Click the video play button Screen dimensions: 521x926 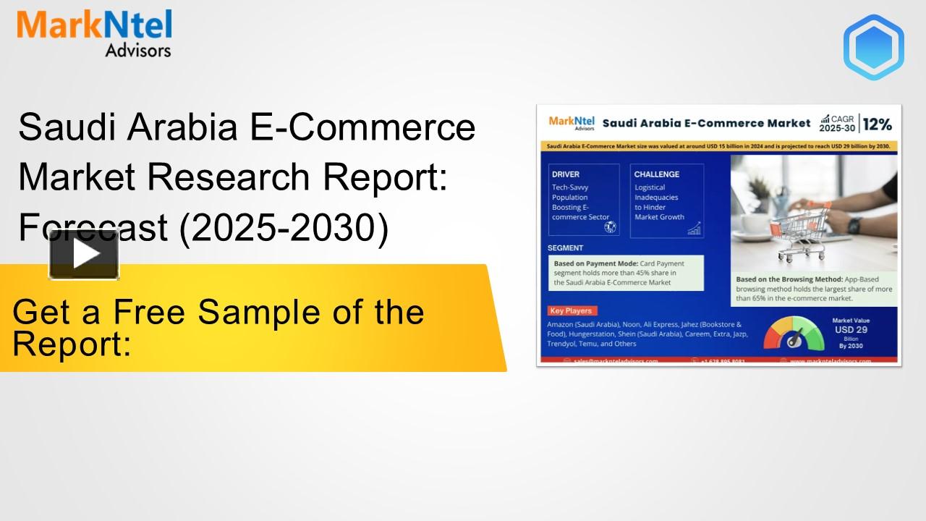(84, 254)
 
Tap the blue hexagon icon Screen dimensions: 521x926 (873, 47)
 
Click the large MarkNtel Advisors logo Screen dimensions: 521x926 (94, 33)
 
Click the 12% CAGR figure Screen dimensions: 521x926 (877, 124)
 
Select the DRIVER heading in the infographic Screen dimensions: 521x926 (566, 174)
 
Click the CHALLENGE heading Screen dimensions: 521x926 (656, 174)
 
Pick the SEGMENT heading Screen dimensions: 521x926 (565, 248)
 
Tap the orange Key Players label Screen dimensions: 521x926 (571, 310)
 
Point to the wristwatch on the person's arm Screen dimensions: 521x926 (854, 225)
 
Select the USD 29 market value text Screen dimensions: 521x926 (851, 330)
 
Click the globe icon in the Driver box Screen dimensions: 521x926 (610, 227)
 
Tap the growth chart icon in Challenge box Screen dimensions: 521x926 (694, 229)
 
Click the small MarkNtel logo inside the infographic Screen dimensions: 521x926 (572, 123)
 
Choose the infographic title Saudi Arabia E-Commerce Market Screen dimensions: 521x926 (706, 124)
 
